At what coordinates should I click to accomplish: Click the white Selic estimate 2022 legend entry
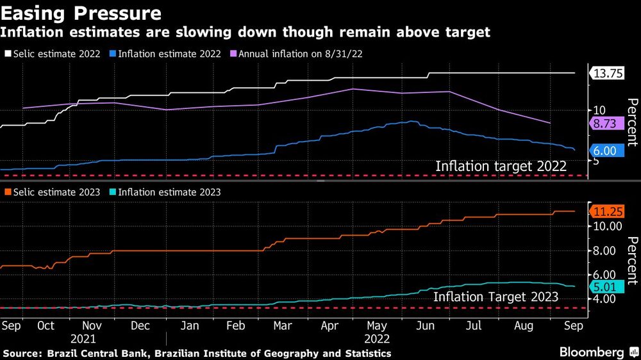pyautogui.click(x=53, y=54)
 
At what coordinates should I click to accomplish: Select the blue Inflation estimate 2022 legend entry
pyautogui.click(x=166, y=54)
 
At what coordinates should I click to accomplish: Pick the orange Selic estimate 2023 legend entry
pyautogui.click(x=53, y=192)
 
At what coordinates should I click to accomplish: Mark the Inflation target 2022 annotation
pyautogui.click(x=501, y=167)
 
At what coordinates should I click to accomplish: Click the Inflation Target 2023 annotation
pyautogui.click(x=495, y=297)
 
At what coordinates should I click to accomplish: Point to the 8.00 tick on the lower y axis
pyautogui.click(x=604, y=251)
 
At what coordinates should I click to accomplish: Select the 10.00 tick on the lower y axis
pyautogui.click(x=604, y=226)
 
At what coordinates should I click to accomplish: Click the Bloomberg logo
pyautogui.click(x=592, y=352)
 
